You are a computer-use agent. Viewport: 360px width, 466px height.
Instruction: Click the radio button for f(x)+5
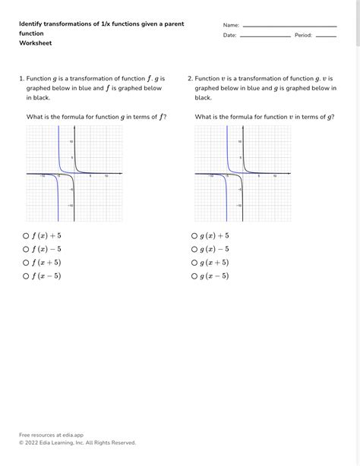tap(26, 236)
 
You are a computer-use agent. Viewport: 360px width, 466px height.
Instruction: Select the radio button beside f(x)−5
tap(26, 250)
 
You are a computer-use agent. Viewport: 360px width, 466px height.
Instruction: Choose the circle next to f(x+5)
tap(26, 263)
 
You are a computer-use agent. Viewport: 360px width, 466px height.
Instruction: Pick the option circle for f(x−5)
tap(26, 277)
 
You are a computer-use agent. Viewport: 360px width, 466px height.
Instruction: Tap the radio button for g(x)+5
tap(194, 236)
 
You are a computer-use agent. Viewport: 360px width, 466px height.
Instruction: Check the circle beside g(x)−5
tap(194, 250)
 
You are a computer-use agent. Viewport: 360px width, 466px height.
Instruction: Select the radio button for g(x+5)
tap(194, 263)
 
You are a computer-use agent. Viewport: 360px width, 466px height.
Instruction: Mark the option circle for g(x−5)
tap(194, 277)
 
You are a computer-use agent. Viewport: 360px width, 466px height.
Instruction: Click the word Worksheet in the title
tap(36, 43)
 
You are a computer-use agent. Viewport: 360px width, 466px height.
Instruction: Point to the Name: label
tap(231, 25)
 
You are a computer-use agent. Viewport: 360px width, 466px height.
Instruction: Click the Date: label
tap(230, 36)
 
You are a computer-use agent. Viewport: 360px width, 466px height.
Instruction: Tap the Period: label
tap(304, 36)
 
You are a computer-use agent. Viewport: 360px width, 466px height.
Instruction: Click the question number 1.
tap(21, 78)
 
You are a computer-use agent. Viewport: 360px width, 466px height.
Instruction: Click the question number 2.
tap(190, 78)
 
